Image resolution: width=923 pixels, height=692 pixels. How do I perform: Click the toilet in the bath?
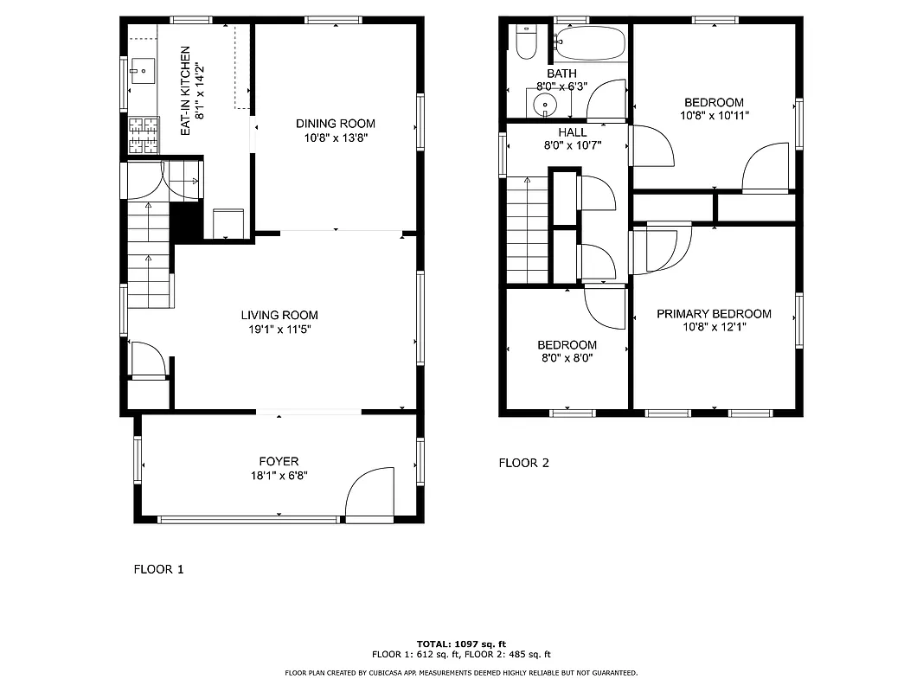click(525, 42)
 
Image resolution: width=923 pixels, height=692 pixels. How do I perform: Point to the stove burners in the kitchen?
click(144, 135)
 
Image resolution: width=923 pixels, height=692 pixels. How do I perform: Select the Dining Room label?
click(336, 124)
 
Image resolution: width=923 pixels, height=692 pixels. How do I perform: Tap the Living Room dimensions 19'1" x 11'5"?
click(279, 330)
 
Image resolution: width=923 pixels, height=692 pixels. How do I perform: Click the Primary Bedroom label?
click(714, 314)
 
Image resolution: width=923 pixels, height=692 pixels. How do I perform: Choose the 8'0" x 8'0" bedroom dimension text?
click(567, 357)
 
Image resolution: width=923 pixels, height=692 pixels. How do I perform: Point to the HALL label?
click(572, 132)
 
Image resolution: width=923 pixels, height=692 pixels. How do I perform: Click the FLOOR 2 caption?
click(523, 463)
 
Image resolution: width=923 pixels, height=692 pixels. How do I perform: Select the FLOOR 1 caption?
click(158, 569)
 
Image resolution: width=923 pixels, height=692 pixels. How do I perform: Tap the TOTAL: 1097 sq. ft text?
click(461, 644)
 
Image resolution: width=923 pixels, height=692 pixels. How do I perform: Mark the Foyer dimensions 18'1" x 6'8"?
click(279, 475)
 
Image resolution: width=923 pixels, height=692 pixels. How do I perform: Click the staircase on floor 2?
click(527, 229)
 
